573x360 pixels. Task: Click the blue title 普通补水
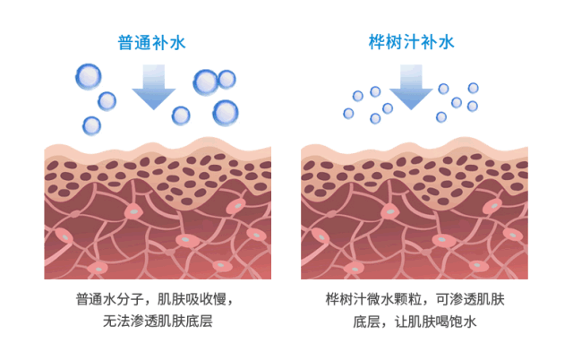click(151, 42)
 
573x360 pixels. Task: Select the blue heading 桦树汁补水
click(411, 42)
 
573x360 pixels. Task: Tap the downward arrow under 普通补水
click(153, 87)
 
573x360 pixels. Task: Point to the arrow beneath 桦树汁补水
click(411, 87)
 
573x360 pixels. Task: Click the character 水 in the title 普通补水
click(177, 42)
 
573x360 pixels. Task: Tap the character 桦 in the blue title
click(377, 42)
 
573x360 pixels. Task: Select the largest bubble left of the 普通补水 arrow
click(89, 76)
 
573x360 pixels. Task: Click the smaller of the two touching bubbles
click(227, 79)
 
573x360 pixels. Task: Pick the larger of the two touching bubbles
click(206, 82)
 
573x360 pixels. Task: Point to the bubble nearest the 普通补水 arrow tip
click(181, 116)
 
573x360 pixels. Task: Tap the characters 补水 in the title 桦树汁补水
click(438, 42)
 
